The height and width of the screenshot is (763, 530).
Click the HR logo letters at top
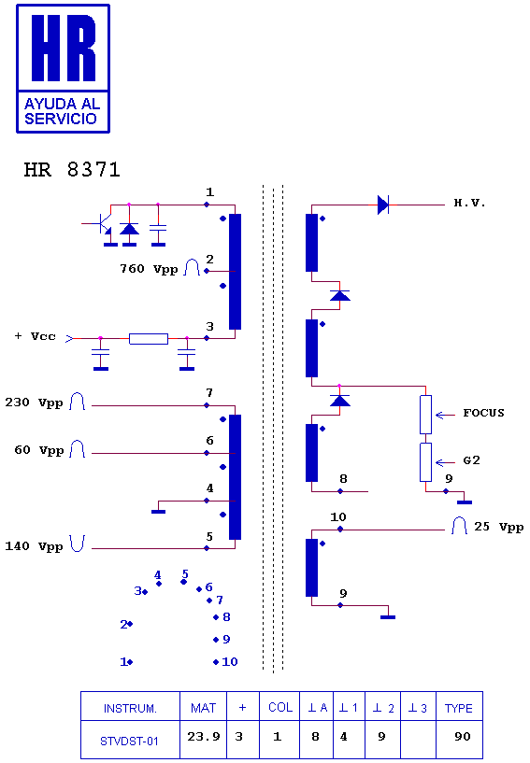click(x=64, y=48)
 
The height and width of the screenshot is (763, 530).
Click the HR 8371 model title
click(x=72, y=170)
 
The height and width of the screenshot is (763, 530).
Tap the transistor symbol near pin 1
click(x=101, y=225)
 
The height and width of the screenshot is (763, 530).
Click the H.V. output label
click(x=469, y=204)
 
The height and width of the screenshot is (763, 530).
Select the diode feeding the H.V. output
click(x=383, y=205)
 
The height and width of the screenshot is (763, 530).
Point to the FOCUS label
click(x=483, y=413)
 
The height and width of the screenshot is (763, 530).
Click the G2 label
click(x=471, y=460)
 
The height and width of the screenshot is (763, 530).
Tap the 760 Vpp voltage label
click(x=149, y=269)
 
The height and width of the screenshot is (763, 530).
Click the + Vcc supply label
click(x=36, y=336)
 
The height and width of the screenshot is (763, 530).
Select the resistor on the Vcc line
click(x=149, y=339)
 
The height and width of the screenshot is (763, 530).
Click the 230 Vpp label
click(x=34, y=403)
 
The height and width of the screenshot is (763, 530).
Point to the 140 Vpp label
click(x=34, y=546)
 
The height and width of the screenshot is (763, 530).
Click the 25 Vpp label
click(x=499, y=527)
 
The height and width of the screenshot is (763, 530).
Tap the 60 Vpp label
click(x=39, y=450)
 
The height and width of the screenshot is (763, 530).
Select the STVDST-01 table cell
click(x=130, y=740)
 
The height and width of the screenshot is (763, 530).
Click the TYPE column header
click(x=459, y=706)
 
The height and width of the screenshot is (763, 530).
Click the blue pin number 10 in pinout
click(x=229, y=662)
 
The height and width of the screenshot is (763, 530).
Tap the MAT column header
click(x=203, y=706)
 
